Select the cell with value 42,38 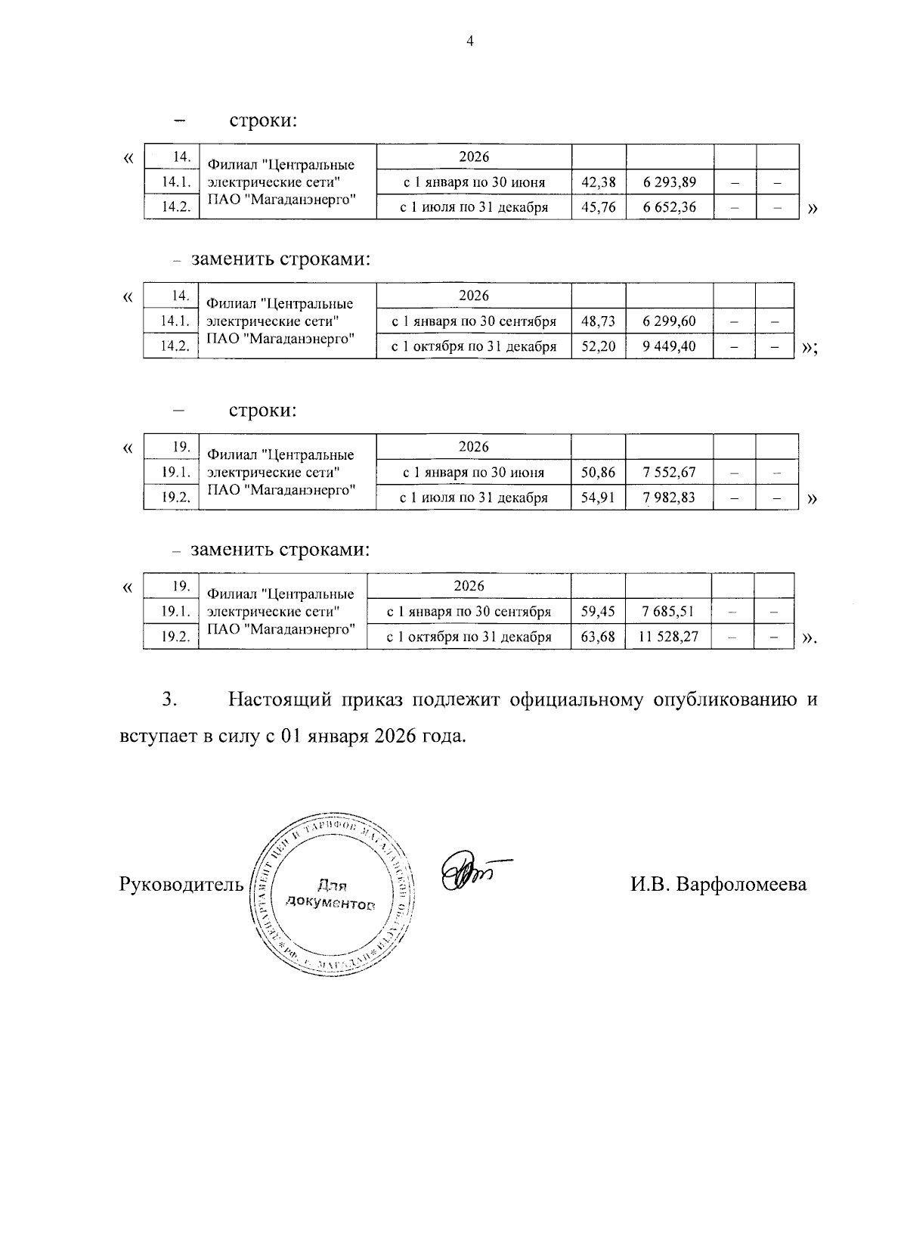pyautogui.click(x=598, y=182)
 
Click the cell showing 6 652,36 pyautogui.click(x=669, y=207)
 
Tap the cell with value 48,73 pyautogui.click(x=598, y=321)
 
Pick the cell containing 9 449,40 pyautogui.click(x=669, y=346)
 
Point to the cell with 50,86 pyautogui.click(x=598, y=473)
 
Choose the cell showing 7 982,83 pyautogui.click(x=669, y=498)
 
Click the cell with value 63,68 pyautogui.click(x=597, y=637)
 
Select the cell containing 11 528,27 pyautogui.click(x=668, y=637)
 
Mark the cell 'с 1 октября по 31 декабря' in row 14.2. pyautogui.click(x=473, y=346)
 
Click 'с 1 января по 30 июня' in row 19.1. pyautogui.click(x=473, y=473)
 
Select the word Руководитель pyautogui.click(x=181, y=884)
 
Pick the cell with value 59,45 pyautogui.click(x=597, y=612)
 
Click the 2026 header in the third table pyautogui.click(x=473, y=447)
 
